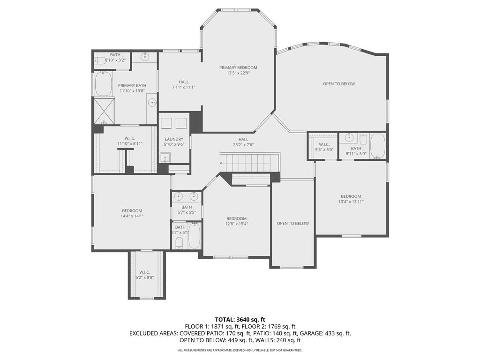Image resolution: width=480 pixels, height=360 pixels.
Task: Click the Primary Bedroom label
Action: click(238, 67)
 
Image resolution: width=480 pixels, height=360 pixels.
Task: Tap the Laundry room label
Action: click(174, 139)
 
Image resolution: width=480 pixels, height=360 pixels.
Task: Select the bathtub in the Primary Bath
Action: click(103, 84)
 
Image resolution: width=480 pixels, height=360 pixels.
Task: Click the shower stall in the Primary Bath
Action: click(104, 111)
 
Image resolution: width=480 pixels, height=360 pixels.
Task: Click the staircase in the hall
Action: click(249, 163)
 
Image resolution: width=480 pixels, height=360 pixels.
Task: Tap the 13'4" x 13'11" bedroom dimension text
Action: click(351, 202)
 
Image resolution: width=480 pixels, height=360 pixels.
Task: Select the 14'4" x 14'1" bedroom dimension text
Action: click(132, 216)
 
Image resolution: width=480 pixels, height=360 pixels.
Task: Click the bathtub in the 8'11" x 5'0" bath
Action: click(378, 146)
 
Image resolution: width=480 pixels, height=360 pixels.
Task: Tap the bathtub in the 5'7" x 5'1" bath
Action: click(195, 235)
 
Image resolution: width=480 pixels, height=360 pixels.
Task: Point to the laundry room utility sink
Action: click(165, 157)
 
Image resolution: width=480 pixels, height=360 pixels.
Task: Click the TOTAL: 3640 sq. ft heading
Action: click(240, 320)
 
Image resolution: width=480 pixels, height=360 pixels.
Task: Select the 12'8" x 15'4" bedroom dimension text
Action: click(236, 224)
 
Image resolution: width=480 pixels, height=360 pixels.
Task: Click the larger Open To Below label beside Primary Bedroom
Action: click(339, 83)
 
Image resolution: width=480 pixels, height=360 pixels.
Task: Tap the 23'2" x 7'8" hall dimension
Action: click(243, 145)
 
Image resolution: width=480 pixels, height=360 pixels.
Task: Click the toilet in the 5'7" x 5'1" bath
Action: click(180, 243)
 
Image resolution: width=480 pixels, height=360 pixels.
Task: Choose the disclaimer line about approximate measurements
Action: click(240, 350)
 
